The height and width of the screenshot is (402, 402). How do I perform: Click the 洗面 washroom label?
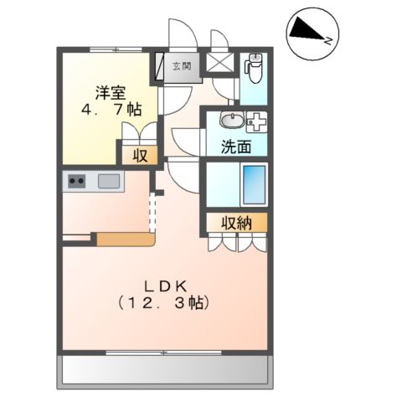235,146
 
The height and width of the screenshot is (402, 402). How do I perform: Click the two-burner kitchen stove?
78,180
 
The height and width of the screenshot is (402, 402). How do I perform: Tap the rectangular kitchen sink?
109,180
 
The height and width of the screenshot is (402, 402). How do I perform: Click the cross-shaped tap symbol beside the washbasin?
257,119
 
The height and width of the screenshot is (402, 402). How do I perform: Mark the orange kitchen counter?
126,240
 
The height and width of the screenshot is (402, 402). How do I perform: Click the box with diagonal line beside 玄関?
159,67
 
